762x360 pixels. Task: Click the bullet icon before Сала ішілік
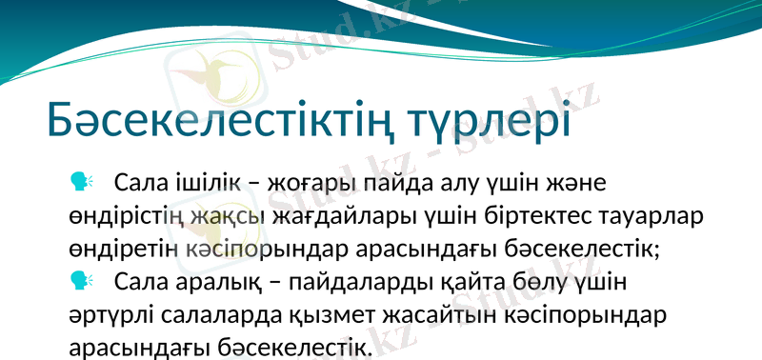click(80, 180)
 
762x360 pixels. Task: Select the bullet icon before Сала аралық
click(80, 281)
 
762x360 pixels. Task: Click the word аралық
click(220, 284)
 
